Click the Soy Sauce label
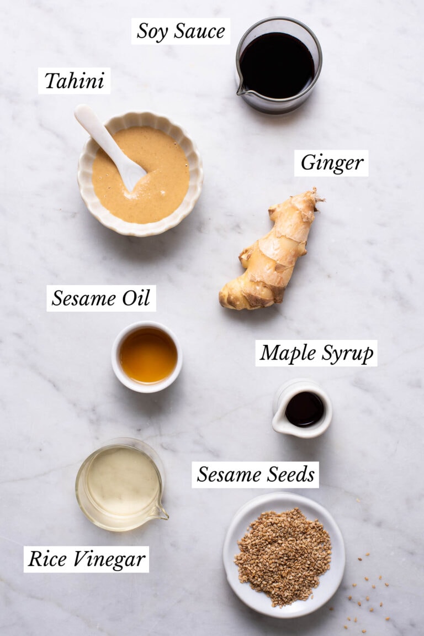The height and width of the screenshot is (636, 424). [x=181, y=31]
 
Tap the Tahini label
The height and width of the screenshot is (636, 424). [x=74, y=81]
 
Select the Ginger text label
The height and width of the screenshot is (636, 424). [x=331, y=163]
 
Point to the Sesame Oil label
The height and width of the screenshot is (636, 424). [x=101, y=298]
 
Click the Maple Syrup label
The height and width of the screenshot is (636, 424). [x=316, y=353]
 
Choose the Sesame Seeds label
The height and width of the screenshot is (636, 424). [x=256, y=475]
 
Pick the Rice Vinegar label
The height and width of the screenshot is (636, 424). [x=86, y=559]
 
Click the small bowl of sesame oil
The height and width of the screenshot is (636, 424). [x=147, y=356]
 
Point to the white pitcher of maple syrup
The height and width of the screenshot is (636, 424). [x=302, y=408]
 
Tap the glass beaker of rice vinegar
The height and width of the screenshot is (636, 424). [x=120, y=483]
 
